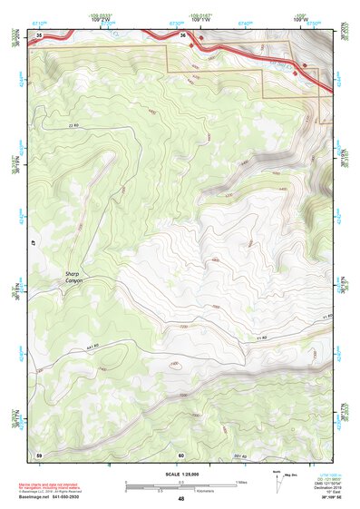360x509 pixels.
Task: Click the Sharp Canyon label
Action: click(x=73, y=278)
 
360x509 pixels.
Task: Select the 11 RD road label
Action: click(x=327, y=316)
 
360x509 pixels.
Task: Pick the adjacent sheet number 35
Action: click(x=39, y=35)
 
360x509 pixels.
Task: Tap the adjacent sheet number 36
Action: click(x=182, y=35)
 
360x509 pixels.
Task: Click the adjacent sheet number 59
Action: click(x=39, y=455)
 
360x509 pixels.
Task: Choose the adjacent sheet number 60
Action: click(x=181, y=455)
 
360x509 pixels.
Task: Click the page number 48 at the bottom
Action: click(x=181, y=499)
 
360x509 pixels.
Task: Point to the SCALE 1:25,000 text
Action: click(x=181, y=475)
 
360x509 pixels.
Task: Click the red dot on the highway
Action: click(x=305, y=66)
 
